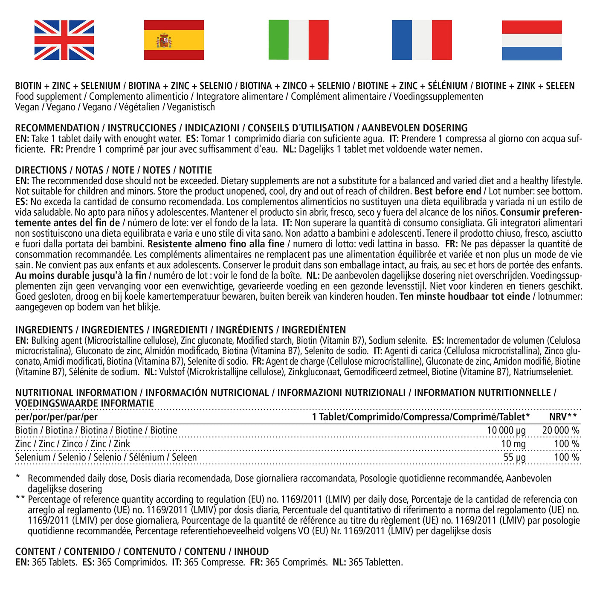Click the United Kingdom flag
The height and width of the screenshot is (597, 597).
point(64,40)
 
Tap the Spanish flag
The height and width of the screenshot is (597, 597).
point(174,40)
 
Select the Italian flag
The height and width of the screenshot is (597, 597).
point(298,40)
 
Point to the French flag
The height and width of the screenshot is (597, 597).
point(422,40)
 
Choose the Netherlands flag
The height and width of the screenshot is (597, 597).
point(532,40)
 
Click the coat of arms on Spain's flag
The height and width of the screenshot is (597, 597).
point(164,41)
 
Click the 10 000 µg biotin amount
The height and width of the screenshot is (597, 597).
point(506,431)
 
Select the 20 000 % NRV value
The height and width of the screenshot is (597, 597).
point(561,431)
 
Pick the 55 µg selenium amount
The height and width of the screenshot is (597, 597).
point(515,458)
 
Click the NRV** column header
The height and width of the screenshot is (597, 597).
point(563,417)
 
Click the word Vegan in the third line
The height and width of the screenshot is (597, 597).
point(27,107)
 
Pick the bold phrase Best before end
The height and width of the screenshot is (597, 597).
point(447,191)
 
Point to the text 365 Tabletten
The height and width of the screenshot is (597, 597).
point(375,562)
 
